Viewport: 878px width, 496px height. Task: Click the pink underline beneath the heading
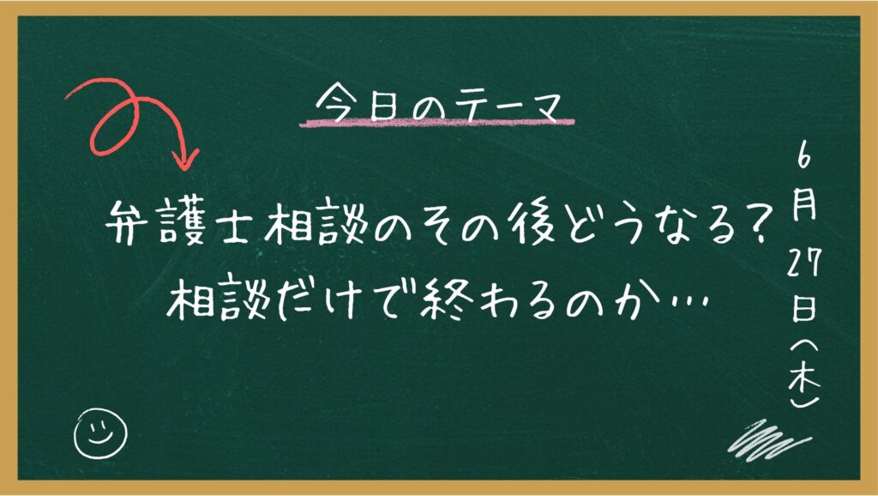(436, 122)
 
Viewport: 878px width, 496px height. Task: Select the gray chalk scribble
(768, 440)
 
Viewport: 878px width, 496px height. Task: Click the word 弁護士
(177, 222)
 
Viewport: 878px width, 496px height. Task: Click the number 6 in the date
(803, 158)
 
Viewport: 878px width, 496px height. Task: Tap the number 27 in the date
(804, 263)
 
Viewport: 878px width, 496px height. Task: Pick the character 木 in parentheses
(804, 379)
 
